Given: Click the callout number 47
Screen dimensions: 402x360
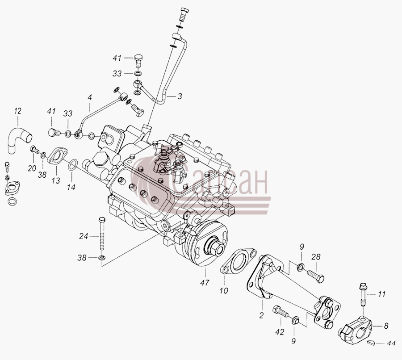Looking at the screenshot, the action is click(205, 283).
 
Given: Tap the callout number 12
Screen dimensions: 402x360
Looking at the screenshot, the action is click(18, 111).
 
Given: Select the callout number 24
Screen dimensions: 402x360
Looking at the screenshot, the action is click(84, 236).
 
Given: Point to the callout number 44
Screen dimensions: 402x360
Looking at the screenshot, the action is click(391, 343).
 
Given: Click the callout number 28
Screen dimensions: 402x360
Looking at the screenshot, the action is click(316, 256).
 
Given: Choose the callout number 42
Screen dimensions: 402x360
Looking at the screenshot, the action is click(280, 332).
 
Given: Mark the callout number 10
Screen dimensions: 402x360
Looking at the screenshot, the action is click(224, 290).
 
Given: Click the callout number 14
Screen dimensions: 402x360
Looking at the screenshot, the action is click(71, 187).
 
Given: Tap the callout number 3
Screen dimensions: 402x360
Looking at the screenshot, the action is click(180, 96).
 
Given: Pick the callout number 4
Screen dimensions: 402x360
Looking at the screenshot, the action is click(89, 97).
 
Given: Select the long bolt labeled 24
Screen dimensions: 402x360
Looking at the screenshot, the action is click(102, 233).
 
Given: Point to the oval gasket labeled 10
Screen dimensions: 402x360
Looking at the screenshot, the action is click(238, 263).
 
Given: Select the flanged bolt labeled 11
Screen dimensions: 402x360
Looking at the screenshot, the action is click(363, 295).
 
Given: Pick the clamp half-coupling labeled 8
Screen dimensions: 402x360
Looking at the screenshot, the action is click(356, 330).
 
